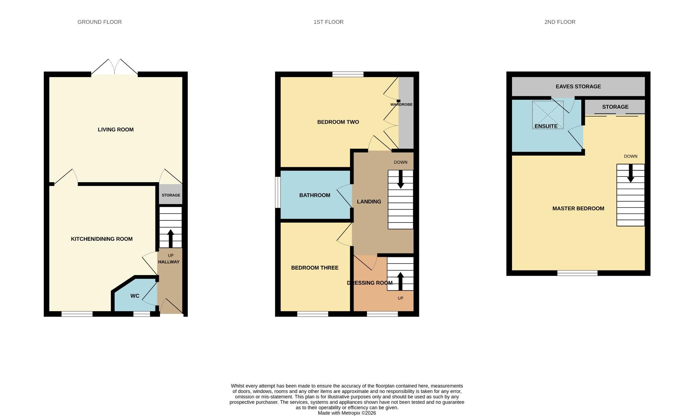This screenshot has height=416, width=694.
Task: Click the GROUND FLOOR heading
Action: click(x=100, y=22)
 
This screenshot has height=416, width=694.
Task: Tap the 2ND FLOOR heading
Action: click(x=560, y=22)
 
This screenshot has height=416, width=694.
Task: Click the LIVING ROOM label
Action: click(x=115, y=129)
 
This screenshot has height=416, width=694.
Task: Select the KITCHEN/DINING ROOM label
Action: click(x=102, y=239)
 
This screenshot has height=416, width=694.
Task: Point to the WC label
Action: click(x=135, y=296)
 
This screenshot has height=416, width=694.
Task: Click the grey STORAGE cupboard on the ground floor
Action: click(x=171, y=195)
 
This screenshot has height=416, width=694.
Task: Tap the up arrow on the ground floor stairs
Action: click(x=170, y=238)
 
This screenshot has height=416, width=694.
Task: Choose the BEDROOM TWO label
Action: click(x=338, y=122)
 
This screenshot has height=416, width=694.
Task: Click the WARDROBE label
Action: click(x=401, y=104)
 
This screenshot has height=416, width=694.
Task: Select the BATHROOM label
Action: click(x=315, y=195)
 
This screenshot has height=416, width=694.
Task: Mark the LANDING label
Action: click(x=369, y=201)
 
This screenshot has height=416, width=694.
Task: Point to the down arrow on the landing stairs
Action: click(x=400, y=179)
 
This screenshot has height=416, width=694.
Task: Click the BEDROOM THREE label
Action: click(x=315, y=268)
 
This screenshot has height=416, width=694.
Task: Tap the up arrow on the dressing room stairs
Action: click(x=400, y=281)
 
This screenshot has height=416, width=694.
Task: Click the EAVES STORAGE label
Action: click(x=578, y=86)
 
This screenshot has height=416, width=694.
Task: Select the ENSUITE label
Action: click(x=546, y=126)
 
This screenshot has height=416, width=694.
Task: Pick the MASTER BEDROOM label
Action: click(x=578, y=208)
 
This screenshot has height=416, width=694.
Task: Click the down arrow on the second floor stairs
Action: click(x=631, y=173)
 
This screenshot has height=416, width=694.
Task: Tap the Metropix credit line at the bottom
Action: click(x=347, y=413)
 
